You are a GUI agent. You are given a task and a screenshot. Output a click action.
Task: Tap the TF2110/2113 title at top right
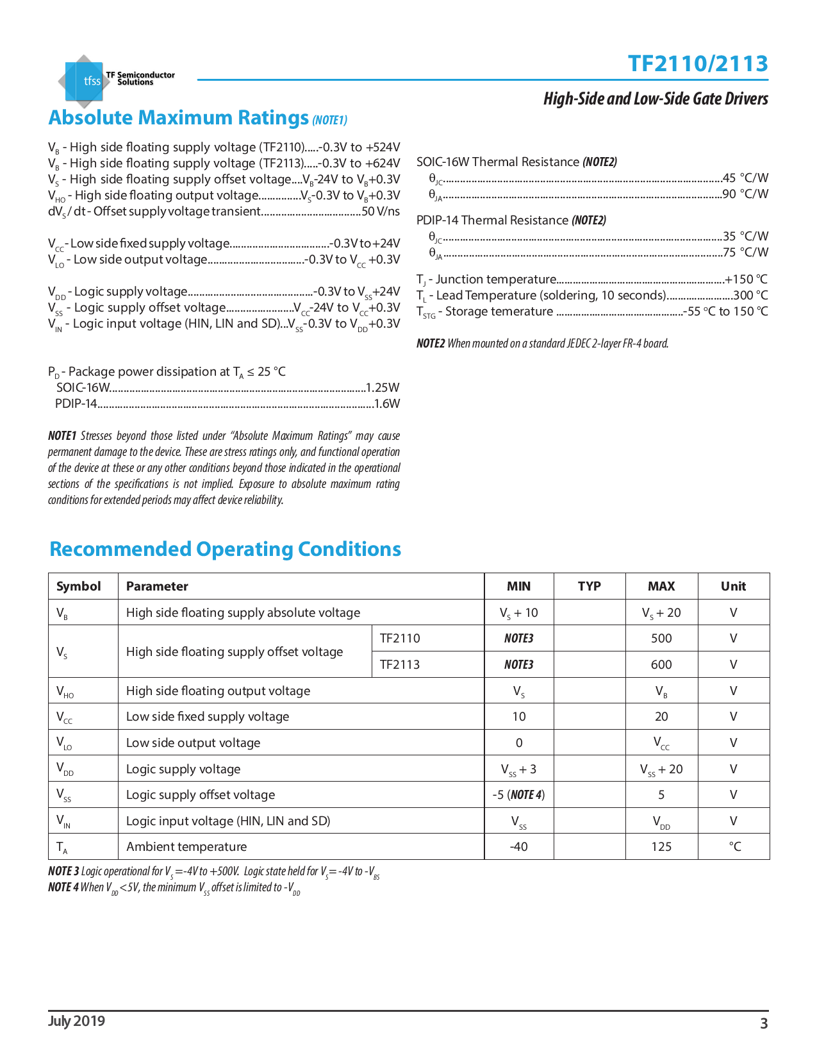pos(697,63)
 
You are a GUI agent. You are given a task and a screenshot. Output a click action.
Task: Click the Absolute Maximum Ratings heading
pos(179,118)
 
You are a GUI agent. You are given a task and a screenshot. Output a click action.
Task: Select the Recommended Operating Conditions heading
pos(225,550)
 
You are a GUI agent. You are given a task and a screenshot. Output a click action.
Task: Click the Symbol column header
pos(78,586)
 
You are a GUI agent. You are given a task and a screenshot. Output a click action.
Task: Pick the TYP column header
pos(589,586)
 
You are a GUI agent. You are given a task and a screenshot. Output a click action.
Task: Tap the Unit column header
pos(733,586)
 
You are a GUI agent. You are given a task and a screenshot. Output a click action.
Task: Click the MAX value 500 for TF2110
pos(661,639)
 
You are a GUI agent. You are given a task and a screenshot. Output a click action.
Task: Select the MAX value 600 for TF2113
pos(661,665)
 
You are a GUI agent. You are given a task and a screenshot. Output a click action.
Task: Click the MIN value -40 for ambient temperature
pos(518,847)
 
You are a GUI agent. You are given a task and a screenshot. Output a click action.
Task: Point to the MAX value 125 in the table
pos(661,847)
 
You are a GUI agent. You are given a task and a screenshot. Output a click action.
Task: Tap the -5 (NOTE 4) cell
pos(518,795)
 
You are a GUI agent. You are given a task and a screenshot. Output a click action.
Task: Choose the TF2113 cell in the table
pos(400,665)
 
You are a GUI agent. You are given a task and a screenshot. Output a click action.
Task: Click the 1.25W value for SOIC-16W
pos(383,388)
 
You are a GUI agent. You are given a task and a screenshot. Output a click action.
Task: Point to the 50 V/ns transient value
pos(381,212)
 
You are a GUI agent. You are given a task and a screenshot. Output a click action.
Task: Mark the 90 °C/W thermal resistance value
pos(745,194)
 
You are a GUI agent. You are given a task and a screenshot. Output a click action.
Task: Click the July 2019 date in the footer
pos(76,1021)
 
